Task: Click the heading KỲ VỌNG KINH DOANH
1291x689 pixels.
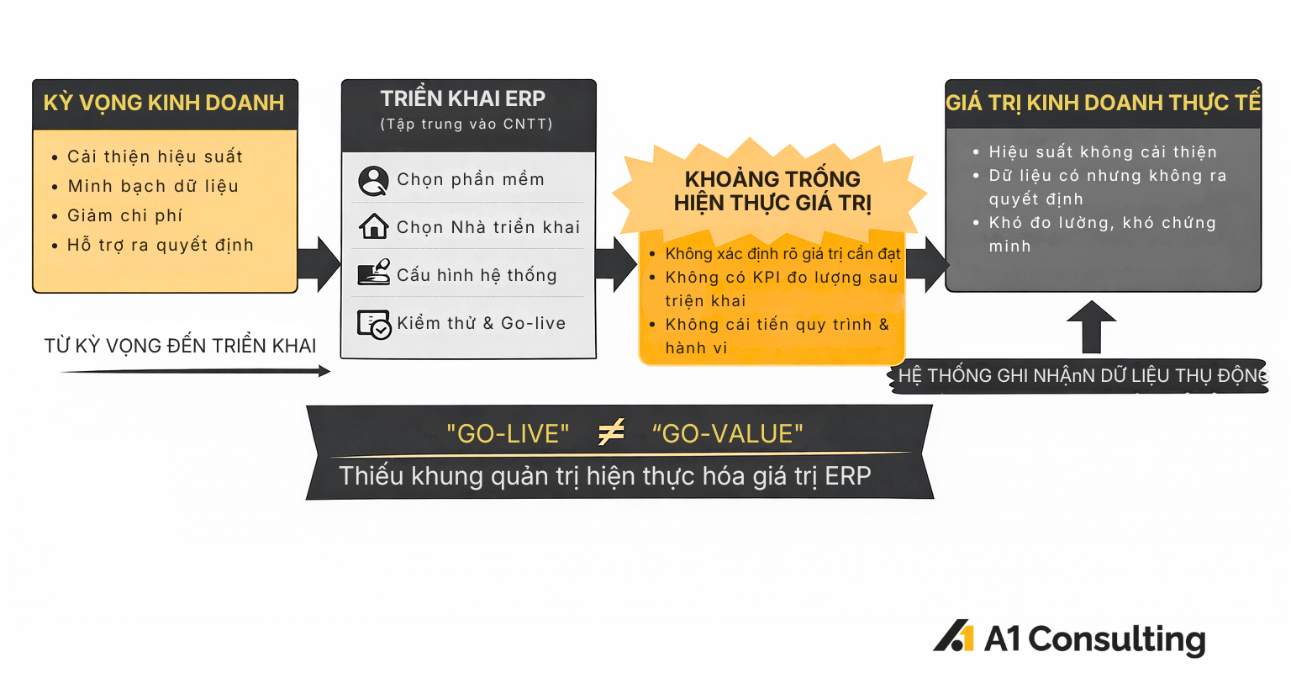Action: point(164,103)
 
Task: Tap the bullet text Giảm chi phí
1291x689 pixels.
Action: point(124,215)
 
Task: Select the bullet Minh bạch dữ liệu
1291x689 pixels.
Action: point(153,186)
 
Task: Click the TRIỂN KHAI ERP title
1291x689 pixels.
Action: point(462,98)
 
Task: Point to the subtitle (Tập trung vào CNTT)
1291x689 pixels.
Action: point(466,124)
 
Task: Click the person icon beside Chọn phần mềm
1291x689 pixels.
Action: point(373,181)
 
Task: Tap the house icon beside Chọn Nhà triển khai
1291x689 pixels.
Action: point(373,226)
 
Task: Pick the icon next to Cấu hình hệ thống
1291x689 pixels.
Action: point(373,273)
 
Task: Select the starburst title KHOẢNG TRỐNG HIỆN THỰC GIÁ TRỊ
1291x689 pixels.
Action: point(772,191)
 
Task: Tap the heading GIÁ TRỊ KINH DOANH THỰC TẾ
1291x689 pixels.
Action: point(1103,103)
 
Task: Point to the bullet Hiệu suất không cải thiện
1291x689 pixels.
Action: point(1103,151)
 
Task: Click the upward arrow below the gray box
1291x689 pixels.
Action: point(1091,326)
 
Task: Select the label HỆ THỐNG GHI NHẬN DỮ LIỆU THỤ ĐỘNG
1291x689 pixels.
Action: point(1083,376)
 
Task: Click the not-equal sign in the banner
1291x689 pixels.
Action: point(611,432)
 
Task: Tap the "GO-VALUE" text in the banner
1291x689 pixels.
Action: point(727,434)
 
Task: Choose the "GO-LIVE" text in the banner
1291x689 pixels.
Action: point(508,434)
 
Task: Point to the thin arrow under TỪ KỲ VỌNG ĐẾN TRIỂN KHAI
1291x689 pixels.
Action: point(195,371)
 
